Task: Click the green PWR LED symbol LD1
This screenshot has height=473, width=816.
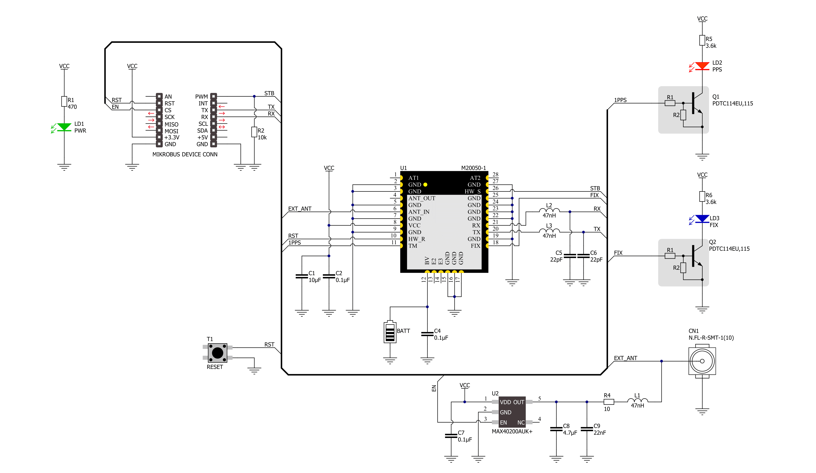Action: pyautogui.click(x=64, y=127)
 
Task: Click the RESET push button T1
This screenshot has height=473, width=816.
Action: pyautogui.click(x=217, y=353)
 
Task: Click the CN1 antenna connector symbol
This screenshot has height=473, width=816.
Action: pyautogui.click(x=702, y=361)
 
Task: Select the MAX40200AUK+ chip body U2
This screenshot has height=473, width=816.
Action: pyautogui.click(x=512, y=412)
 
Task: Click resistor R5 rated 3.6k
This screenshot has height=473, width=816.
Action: pyautogui.click(x=702, y=41)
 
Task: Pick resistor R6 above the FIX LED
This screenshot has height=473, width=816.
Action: pyautogui.click(x=702, y=196)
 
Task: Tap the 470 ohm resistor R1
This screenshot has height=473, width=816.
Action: pyautogui.click(x=64, y=102)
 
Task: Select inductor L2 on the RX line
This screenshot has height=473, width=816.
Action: pyautogui.click(x=549, y=210)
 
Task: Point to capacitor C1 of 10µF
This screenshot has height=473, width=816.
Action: pyautogui.click(x=301, y=276)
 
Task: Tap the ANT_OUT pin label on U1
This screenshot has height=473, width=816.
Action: pyautogui.click(x=422, y=198)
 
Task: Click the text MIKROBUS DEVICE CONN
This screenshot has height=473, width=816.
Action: pyautogui.click(x=185, y=154)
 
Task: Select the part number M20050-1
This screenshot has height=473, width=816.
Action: pyautogui.click(x=473, y=168)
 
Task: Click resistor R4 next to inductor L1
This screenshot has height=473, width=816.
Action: pyautogui.click(x=609, y=402)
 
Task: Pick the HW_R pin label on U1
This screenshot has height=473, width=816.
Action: pyautogui.click(x=416, y=239)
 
